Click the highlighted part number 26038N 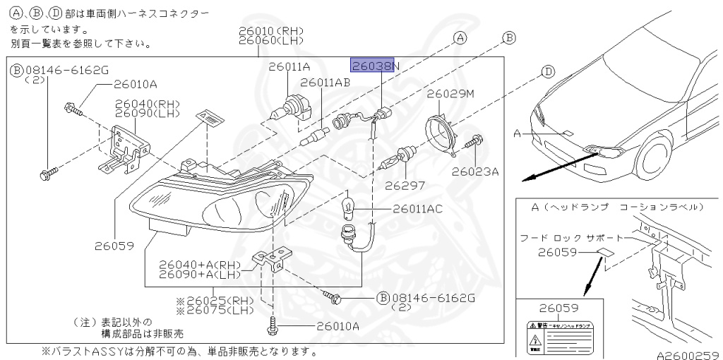pos(376,66)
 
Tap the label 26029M pos(450,93)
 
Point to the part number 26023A pos(475,171)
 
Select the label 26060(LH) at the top pos(270,41)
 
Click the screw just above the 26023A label pos(475,143)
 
